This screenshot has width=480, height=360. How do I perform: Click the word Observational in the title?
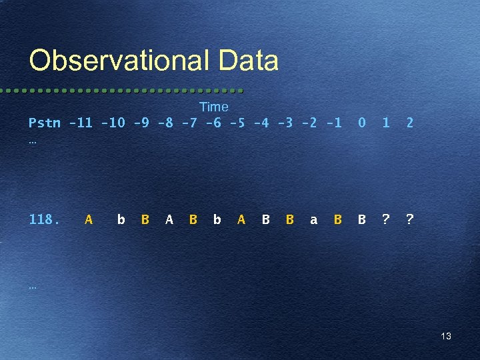click(118, 61)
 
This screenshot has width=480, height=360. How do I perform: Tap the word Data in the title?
click(247, 61)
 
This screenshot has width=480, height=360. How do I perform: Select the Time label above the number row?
click(213, 107)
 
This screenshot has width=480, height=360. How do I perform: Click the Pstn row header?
click(44, 123)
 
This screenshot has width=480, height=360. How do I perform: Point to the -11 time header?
click(81, 123)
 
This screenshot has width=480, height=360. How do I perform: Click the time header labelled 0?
click(361, 123)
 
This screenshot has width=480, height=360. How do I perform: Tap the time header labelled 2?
click(409, 123)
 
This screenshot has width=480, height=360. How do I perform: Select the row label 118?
click(44, 219)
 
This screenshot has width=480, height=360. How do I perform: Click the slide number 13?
click(446, 336)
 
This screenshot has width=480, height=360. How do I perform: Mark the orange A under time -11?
click(89, 219)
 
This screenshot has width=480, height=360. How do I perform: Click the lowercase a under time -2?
click(313, 219)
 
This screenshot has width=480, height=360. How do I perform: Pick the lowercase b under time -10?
click(121, 219)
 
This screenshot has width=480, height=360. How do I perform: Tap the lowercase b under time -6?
click(217, 219)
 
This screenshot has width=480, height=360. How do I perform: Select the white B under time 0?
click(361, 219)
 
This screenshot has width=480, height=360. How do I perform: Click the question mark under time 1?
click(385, 219)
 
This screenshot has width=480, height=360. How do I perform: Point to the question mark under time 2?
click(409, 219)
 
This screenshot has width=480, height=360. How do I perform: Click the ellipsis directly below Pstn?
click(33, 141)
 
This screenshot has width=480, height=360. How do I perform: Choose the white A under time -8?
click(169, 219)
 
